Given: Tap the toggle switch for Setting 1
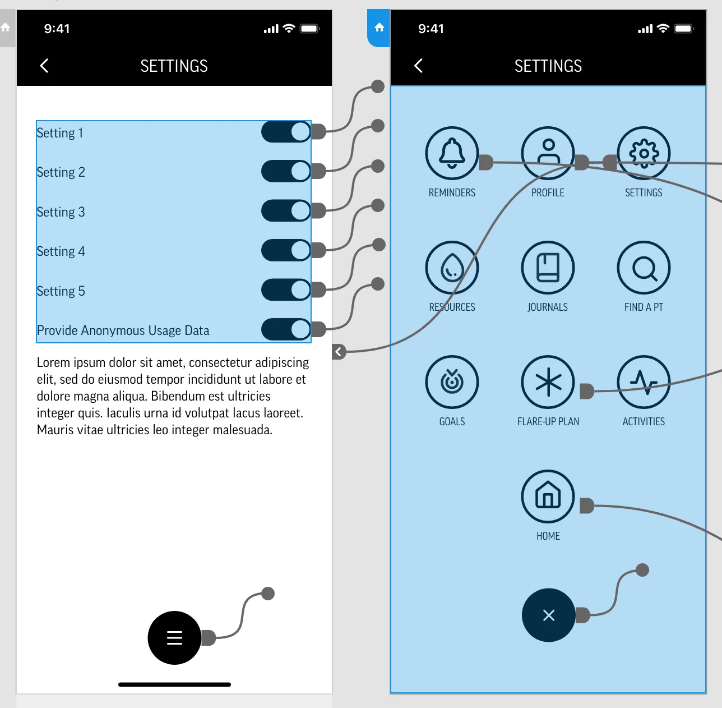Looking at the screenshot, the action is (286, 132).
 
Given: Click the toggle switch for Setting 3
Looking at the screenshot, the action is (286, 210).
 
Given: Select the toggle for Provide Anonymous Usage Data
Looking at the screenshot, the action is (286, 329).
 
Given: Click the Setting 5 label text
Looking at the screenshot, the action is (61, 291).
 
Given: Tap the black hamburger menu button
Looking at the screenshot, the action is (174, 637).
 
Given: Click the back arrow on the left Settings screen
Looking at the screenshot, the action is (44, 66).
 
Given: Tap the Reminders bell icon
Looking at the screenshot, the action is (452, 153).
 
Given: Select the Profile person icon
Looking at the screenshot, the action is (548, 153).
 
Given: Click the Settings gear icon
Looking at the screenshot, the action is (644, 153).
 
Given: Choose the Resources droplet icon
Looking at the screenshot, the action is (452, 268).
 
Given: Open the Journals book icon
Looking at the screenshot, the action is (548, 268).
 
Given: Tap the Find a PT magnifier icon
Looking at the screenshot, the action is (644, 268).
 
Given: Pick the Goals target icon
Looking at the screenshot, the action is (452, 381).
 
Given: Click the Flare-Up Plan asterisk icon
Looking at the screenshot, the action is (548, 381).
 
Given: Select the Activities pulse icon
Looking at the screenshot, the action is (644, 381).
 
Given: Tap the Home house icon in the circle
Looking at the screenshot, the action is (548, 496).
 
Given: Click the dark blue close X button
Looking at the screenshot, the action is (549, 615).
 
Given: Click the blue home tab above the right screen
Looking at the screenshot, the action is (379, 27).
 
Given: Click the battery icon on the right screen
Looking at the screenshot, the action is (684, 29).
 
